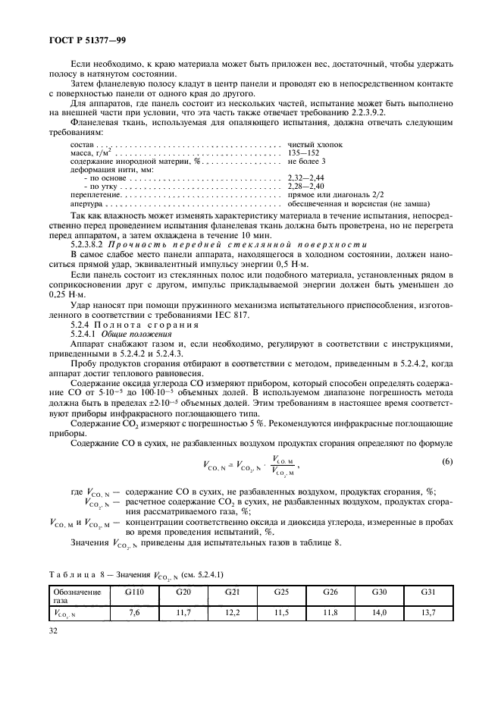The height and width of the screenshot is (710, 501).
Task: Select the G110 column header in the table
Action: [x=135, y=591]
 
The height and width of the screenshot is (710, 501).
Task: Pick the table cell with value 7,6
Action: [x=135, y=611]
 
